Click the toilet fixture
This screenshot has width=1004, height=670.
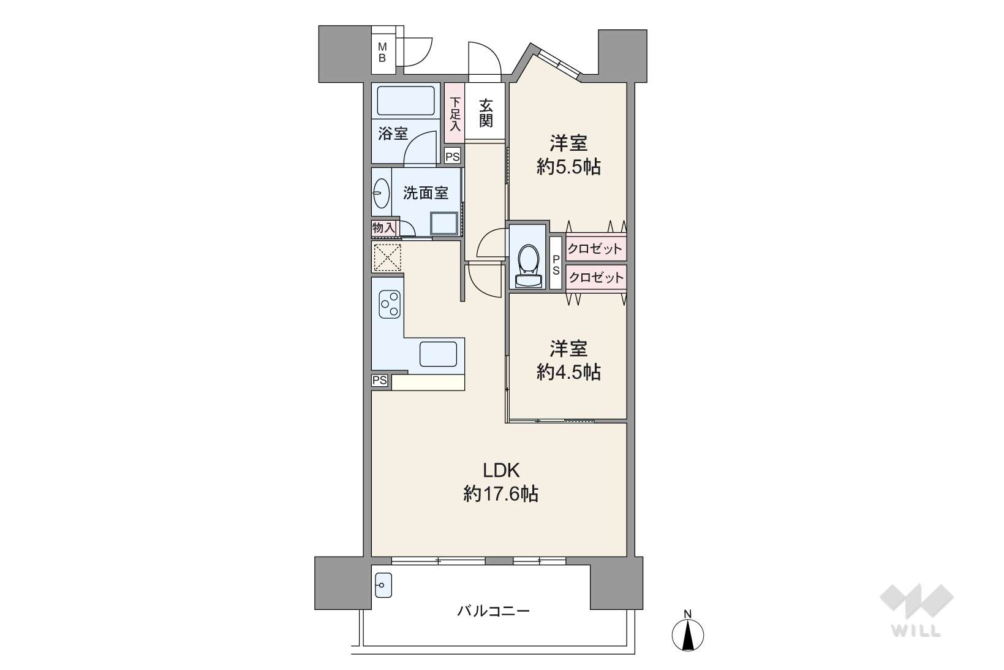(x=529, y=266)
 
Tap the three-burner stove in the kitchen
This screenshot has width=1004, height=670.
(x=390, y=305)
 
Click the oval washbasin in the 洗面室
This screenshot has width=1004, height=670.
(x=382, y=194)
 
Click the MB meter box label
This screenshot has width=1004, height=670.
(x=382, y=53)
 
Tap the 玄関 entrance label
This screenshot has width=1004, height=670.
(x=486, y=113)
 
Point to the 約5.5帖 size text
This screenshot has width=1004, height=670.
(x=568, y=167)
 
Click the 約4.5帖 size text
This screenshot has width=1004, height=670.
(x=568, y=372)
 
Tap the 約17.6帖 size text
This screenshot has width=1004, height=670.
(x=500, y=494)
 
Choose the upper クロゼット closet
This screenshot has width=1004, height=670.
(x=595, y=248)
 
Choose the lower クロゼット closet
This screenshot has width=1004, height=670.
(x=595, y=278)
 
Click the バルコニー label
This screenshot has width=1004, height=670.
(x=493, y=611)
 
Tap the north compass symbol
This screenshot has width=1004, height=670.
(x=687, y=633)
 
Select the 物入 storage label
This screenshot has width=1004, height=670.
(x=384, y=228)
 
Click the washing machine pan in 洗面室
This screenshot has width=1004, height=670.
(x=444, y=223)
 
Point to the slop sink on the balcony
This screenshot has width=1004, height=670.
(x=383, y=585)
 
